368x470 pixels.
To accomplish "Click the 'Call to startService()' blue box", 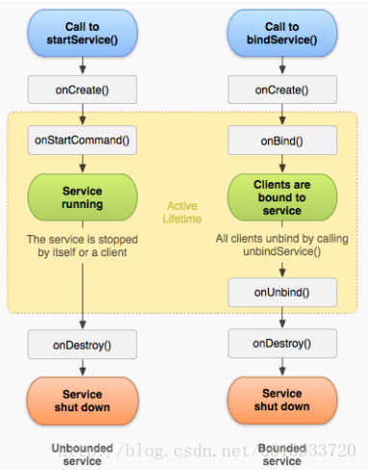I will tap(82, 34).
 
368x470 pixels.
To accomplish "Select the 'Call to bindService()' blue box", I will tap(281, 34).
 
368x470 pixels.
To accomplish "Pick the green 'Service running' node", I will tap(82, 196).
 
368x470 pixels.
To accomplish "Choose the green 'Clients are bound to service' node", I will tap(281, 196).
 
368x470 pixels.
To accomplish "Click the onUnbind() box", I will tap(281, 291).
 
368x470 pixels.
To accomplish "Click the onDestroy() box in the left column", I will tap(82, 343).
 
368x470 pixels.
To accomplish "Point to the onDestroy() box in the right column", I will tap(281, 343).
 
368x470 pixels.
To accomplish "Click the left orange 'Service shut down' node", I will tap(82, 400).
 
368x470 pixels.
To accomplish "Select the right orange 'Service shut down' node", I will tap(281, 400).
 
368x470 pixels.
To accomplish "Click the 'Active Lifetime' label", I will tap(183, 212).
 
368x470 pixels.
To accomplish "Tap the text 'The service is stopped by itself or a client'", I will tap(82, 246).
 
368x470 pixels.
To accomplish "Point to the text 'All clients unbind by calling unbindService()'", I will tap(281, 246).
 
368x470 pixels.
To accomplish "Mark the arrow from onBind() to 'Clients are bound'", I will tap(281, 163).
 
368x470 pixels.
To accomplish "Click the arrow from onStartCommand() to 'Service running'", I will tap(82, 163).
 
